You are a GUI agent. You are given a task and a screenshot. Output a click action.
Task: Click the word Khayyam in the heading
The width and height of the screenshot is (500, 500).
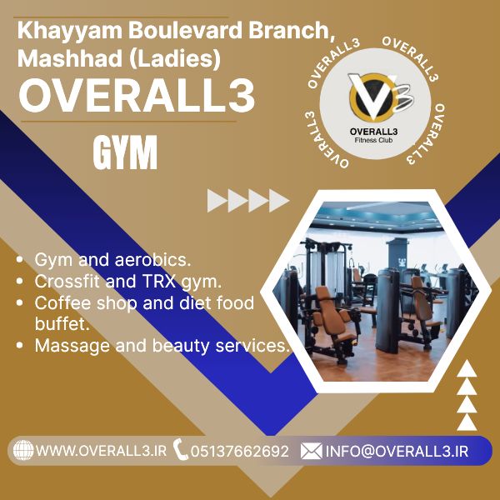click(x=70, y=31)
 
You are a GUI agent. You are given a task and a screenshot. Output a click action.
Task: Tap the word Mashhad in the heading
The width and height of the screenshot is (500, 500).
click(x=70, y=58)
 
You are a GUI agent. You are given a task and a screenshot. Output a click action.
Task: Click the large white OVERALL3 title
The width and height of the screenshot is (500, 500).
click(x=137, y=96)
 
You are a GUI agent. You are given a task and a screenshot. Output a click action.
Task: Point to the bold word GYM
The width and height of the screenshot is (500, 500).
click(x=125, y=152)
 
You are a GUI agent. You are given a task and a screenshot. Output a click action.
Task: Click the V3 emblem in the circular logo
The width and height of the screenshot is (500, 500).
click(x=381, y=97)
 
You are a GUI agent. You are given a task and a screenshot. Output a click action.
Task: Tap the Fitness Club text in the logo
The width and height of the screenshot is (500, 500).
click(x=373, y=140)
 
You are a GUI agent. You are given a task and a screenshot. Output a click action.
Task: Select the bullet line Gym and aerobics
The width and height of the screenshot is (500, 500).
click(x=112, y=259)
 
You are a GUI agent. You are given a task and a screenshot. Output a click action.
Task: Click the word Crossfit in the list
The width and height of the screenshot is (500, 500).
click(x=67, y=282)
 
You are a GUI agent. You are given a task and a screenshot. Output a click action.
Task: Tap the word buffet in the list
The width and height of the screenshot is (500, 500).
click(x=62, y=324)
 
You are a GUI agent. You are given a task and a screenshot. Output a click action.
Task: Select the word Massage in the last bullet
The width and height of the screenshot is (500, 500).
click(x=72, y=346)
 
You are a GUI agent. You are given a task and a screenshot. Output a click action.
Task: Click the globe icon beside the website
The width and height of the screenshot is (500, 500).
click(x=23, y=450)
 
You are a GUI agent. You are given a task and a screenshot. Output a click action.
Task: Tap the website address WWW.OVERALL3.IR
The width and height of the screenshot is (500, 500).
click(x=101, y=451)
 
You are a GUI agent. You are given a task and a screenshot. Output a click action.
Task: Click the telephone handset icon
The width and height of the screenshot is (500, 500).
click(x=181, y=449)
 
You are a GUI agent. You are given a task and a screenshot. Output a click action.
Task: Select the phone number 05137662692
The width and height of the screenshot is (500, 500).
click(x=240, y=451)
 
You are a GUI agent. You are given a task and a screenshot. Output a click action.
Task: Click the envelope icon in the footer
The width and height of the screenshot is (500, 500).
click(x=311, y=451)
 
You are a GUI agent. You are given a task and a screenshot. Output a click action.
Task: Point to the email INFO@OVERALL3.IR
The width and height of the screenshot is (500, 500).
click(x=397, y=451)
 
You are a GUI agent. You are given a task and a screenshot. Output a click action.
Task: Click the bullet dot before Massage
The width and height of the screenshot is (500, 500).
click(x=20, y=345)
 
